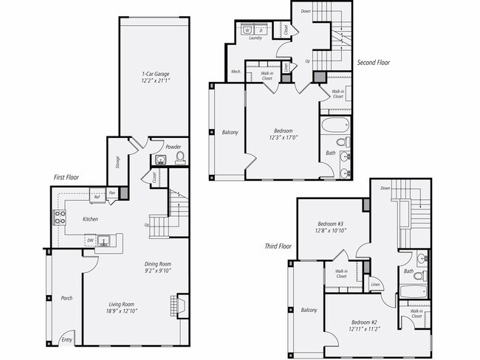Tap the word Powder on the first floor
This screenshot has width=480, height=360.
pyautogui.click(x=174, y=147)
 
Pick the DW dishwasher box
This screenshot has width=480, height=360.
pyautogui.click(x=89, y=239)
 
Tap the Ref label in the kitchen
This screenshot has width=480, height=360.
pyautogui.click(x=96, y=196)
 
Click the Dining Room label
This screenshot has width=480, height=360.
pyautogui.click(x=157, y=264)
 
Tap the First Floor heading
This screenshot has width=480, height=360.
pyautogui.click(x=66, y=177)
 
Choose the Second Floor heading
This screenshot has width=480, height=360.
pyautogui.click(x=374, y=63)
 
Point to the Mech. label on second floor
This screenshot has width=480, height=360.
pyautogui.click(x=236, y=72)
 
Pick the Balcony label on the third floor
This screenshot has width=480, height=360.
pyautogui.click(x=309, y=310)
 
